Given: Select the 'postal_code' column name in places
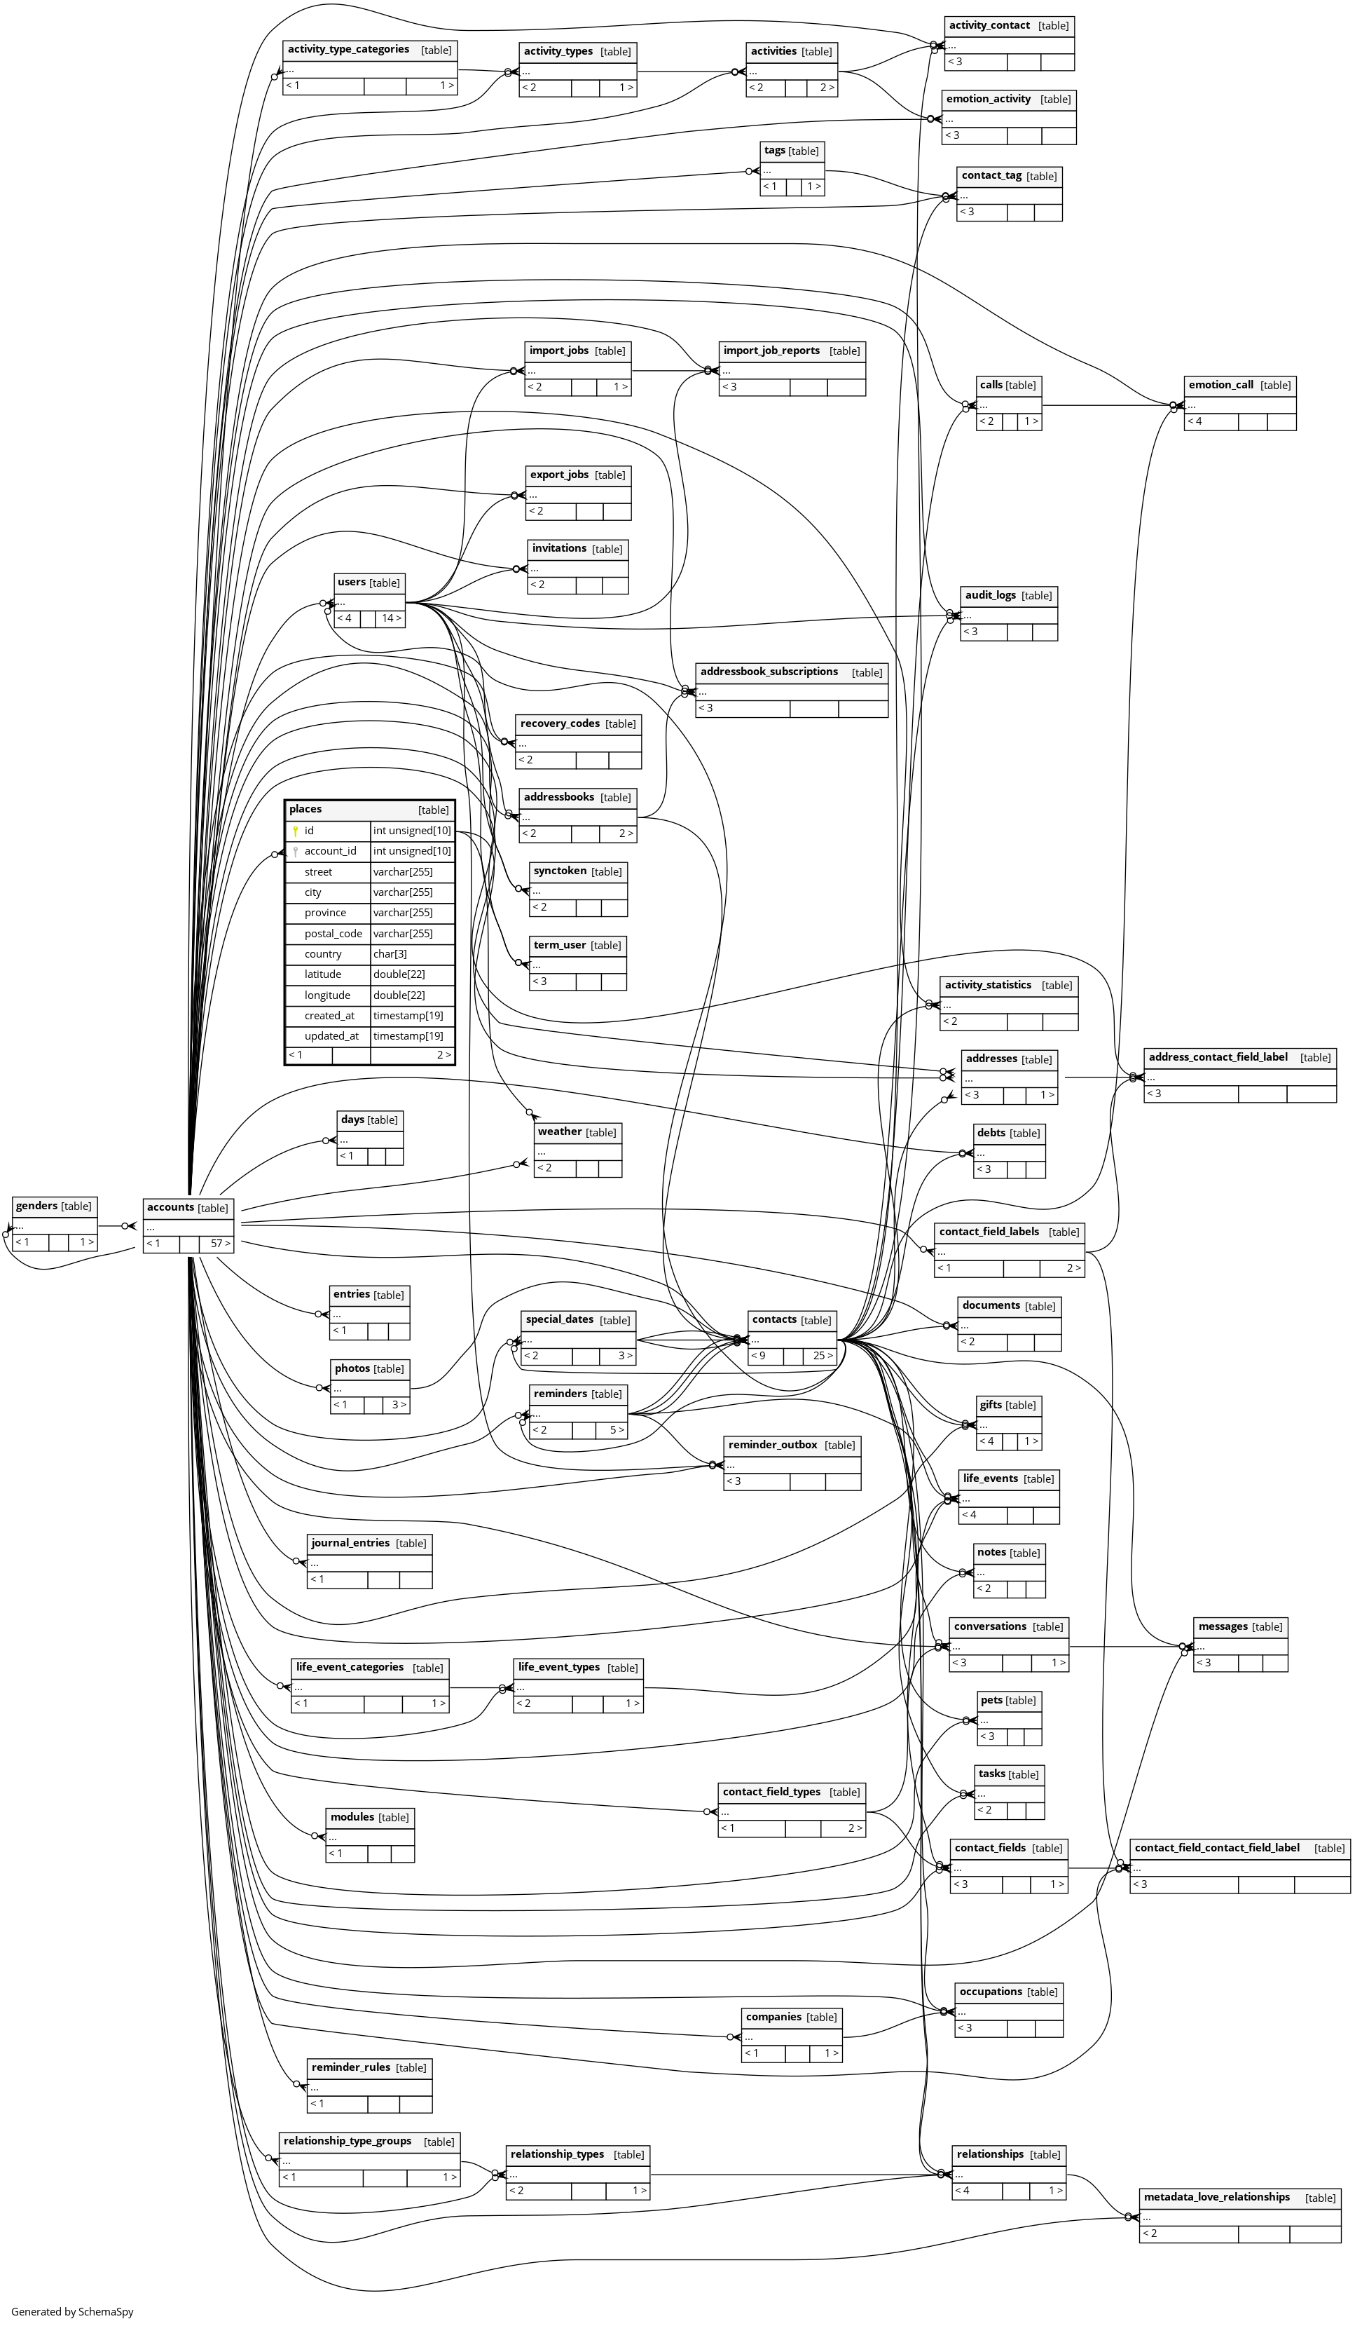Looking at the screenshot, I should tap(333, 933).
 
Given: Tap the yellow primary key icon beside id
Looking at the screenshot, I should tap(295, 831).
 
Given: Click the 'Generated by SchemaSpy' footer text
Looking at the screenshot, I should tap(72, 2311).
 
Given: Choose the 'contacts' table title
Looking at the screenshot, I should tap(774, 1319).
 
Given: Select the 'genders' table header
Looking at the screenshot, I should tap(37, 1206).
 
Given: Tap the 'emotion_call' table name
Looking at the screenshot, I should tap(1220, 384).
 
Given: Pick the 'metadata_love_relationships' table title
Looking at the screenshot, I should tap(1216, 2197).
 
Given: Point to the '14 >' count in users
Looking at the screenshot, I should tap(391, 618).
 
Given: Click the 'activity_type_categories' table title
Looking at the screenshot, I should tap(348, 49).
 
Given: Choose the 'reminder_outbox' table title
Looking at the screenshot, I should tap(772, 1445).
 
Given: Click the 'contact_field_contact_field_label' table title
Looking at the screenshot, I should tap(1216, 1847).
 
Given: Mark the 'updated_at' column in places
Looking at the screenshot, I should tap(331, 1035).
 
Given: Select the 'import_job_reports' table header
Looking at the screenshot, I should tap(771, 350).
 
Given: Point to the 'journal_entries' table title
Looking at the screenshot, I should tap(350, 1542).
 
